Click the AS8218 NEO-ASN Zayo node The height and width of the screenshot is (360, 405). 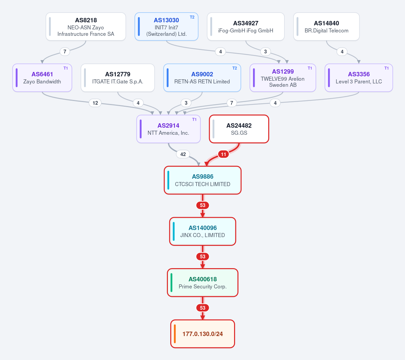(x=86, y=27)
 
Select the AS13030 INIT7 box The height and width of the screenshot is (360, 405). (x=166, y=27)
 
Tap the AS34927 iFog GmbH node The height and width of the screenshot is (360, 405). (x=246, y=27)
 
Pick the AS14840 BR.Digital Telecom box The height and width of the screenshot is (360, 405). (x=326, y=27)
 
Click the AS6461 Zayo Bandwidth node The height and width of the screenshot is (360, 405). (x=42, y=78)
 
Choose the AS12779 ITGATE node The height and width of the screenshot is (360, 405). (x=118, y=78)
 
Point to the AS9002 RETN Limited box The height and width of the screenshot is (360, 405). (x=202, y=78)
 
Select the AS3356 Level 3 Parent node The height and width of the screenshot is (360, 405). (x=359, y=78)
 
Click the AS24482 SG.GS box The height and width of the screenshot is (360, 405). (x=239, y=129)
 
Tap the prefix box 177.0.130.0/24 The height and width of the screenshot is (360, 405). (x=203, y=334)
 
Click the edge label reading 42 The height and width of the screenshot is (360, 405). (x=183, y=154)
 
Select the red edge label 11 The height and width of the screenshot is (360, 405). (x=223, y=154)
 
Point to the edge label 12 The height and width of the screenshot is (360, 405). (x=95, y=103)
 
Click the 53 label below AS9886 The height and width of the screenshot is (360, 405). (x=203, y=205)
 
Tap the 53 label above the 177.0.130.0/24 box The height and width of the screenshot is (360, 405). (x=203, y=308)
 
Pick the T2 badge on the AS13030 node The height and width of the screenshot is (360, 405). (x=192, y=17)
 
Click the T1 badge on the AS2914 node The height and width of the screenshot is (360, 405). (x=194, y=120)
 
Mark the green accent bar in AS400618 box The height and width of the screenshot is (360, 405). (x=172, y=283)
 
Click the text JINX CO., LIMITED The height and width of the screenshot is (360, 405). (x=203, y=235)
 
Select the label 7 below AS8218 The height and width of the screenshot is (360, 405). (x=65, y=52)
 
